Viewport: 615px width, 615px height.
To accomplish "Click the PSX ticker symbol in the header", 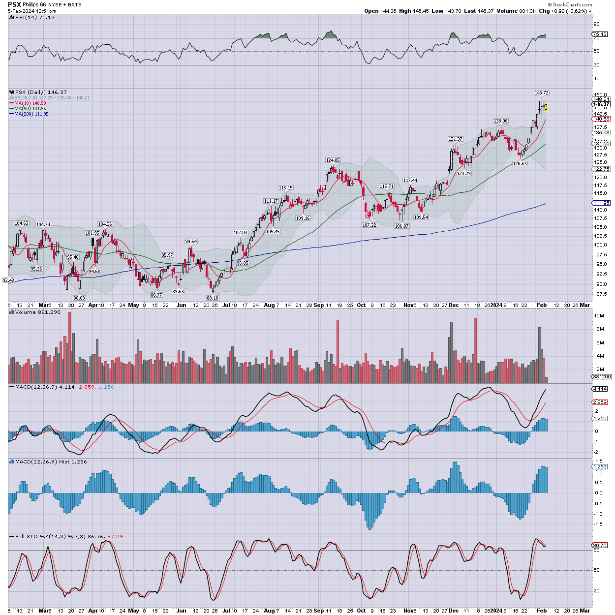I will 14,4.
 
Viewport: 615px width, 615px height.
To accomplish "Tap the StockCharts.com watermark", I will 572,4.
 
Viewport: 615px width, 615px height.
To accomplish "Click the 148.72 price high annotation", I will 541,92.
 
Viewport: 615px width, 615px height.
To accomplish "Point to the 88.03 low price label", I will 79,298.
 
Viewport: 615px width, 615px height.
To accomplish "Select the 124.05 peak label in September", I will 333,160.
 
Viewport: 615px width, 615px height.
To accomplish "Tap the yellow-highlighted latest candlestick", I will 546,107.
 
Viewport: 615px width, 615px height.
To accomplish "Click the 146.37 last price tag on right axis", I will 601,104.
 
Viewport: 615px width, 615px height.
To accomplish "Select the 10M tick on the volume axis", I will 599,315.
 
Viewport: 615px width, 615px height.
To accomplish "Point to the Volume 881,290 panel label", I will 37,312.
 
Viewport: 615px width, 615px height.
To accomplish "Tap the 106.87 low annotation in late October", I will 402,226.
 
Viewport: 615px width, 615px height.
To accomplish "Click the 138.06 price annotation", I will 500,121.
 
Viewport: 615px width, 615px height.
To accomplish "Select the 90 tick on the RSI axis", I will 596,24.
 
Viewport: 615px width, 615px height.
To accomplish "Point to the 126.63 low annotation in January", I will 520,164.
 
